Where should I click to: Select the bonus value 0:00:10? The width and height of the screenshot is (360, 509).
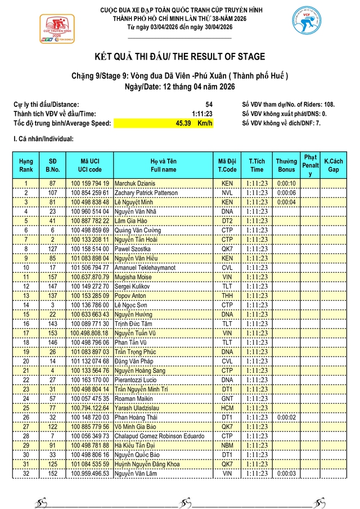click(x=286, y=183)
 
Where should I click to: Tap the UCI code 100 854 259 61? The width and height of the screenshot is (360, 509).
click(x=90, y=193)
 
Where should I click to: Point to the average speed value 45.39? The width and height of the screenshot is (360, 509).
click(x=183, y=123)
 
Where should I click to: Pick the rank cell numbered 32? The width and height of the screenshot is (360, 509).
click(x=26, y=475)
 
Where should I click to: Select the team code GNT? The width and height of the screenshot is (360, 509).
click(x=227, y=399)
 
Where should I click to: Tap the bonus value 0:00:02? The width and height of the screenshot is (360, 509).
click(x=286, y=418)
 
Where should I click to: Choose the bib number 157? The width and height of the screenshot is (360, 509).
click(x=52, y=277)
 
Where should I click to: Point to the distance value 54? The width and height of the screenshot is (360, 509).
click(x=209, y=105)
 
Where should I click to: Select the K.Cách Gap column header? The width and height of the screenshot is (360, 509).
click(x=334, y=165)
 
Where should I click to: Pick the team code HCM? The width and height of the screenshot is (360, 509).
click(x=227, y=408)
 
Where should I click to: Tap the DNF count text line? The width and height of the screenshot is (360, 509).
click(x=281, y=123)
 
